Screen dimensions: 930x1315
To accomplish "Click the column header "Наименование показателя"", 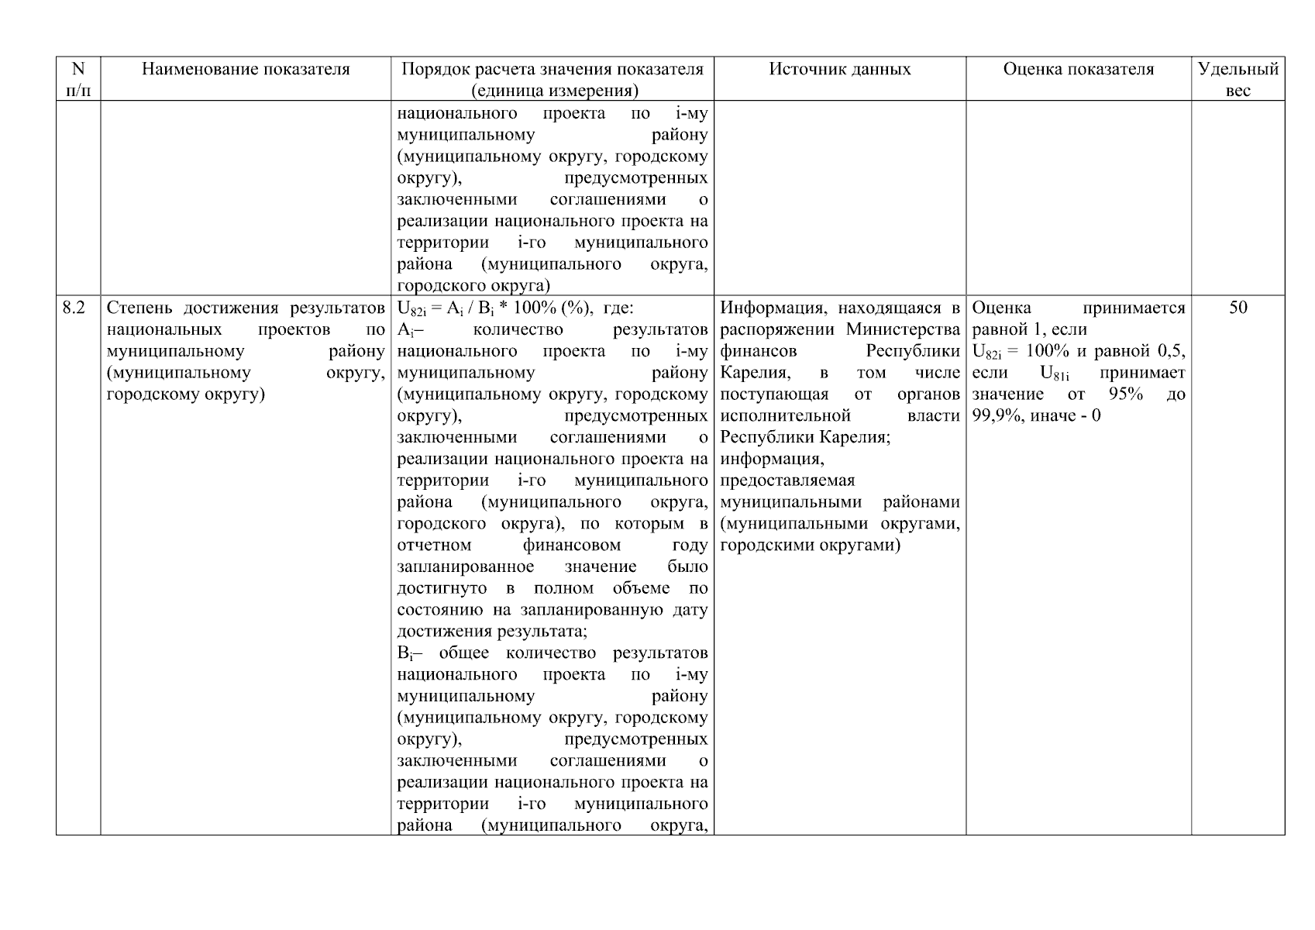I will point(246,70).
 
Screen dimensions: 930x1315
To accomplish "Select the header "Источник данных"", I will point(839,70).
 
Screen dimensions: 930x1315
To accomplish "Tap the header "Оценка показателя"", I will point(1078,70).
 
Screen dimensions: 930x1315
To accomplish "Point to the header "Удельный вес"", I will point(1238,79).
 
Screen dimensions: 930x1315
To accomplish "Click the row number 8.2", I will point(74,308).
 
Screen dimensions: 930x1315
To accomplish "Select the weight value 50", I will point(1238,308).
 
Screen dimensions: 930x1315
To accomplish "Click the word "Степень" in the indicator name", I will point(139,308).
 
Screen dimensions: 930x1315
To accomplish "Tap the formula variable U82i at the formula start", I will point(411,309).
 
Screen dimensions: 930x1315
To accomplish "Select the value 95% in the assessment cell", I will point(1125,394).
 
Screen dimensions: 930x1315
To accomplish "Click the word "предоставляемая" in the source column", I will point(787,480).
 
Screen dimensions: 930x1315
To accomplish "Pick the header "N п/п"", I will point(77,79).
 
